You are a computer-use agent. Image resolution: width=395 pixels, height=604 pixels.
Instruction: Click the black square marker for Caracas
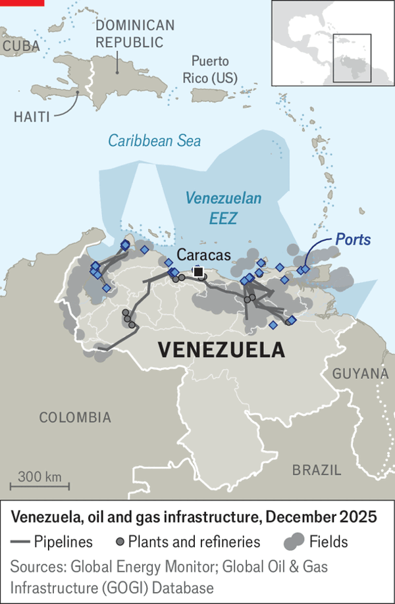click(x=197, y=271)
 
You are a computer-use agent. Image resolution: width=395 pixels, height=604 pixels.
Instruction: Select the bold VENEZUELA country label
click(x=222, y=349)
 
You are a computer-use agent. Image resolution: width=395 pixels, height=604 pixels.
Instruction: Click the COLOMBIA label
click(x=75, y=417)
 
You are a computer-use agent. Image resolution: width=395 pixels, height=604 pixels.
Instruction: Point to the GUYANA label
click(x=360, y=374)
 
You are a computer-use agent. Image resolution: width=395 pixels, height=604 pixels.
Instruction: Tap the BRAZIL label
click(x=317, y=470)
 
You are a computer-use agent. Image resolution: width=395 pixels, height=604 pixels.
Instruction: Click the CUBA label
click(x=20, y=46)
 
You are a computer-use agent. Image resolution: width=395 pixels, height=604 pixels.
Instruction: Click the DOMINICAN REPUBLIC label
click(x=136, y=34)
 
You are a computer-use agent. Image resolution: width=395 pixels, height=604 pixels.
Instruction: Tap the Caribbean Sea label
click(x=155, y=141)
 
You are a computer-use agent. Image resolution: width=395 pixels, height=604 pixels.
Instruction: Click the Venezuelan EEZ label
click(x=223, y=208)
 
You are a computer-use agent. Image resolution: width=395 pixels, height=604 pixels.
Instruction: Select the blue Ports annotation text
click(x=353, y=240)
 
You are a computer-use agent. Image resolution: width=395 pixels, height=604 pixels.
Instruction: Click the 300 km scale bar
click(x=39, y=486)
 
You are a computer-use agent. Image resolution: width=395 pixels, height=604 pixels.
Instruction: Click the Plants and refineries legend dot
click(x=120, y=542)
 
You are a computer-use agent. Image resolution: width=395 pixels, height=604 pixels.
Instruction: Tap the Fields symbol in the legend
click(x=294, y=542)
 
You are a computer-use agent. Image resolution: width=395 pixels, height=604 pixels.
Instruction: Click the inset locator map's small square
click(x=352, y=58)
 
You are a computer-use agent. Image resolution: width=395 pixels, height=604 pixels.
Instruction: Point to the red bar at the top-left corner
click(x=22, y=3)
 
